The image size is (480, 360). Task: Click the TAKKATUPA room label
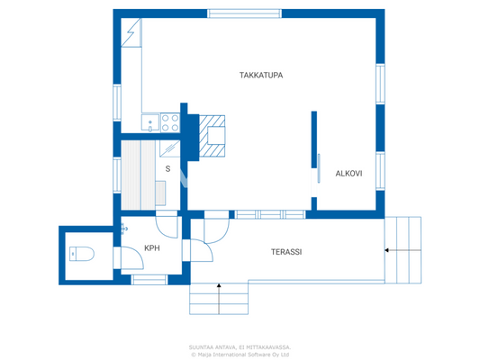261,76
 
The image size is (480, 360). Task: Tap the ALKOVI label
349,173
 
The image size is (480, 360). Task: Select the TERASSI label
286,253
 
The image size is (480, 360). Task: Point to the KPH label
152,249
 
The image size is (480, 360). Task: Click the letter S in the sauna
168,169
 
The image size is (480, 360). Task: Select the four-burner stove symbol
169,122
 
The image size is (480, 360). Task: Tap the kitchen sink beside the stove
149,122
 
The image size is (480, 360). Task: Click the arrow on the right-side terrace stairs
393,249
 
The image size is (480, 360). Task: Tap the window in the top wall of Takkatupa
242,13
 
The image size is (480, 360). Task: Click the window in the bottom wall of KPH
149,280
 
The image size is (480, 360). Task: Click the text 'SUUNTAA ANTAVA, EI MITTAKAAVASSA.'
240,346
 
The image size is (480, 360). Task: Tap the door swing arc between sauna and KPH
167,225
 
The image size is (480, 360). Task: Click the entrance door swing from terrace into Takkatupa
216,230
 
